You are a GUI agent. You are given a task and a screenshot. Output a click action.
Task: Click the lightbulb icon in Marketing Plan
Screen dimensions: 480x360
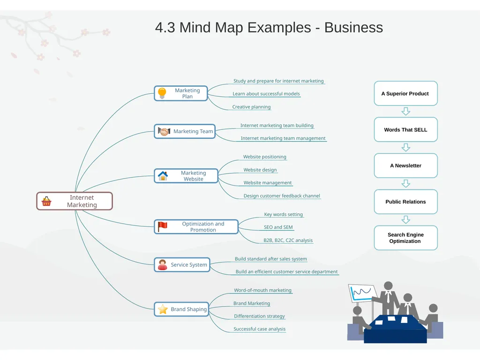[x=162, y=93]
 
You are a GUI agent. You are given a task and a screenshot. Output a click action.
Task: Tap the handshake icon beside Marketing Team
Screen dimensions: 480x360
[x=164, y=131]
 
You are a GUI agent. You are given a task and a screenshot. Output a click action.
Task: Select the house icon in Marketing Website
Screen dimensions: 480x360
[x=163, y=176]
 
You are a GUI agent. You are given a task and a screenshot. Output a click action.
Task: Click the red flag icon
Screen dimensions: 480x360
[x=162, y=227]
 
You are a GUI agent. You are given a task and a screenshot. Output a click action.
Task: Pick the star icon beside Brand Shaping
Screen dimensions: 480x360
[x=163, y=309]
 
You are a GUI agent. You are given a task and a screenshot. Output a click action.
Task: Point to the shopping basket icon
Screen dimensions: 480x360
[x=46, y=201]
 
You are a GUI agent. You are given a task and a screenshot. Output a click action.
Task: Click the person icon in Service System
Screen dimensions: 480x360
[x=162, y=265]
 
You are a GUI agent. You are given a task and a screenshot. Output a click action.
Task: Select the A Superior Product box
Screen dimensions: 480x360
[x=405, y=93]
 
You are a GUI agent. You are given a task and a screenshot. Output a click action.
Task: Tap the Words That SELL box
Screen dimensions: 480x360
[x=405, y=129]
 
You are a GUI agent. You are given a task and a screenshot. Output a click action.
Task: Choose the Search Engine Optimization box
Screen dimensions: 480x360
[x=405, y=238]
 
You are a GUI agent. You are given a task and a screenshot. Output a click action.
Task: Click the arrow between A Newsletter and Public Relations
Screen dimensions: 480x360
[x=406, y=184]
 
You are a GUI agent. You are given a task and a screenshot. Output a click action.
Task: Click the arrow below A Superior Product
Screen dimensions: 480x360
[x=406, y=112]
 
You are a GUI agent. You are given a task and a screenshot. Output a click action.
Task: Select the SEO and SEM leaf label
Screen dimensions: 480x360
[x=278, y=227]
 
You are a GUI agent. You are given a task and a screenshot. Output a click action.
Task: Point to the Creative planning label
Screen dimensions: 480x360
[x=251, y=107]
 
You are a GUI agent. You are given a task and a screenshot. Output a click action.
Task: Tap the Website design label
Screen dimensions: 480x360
[x=260, y=170]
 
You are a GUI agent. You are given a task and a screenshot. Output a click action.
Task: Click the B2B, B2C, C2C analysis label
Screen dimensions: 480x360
[x=288, y=240]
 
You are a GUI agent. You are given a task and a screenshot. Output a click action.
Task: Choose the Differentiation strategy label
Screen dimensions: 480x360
[x=259, y=316]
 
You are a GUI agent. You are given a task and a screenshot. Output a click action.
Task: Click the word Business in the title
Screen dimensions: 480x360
[x=353, y=27]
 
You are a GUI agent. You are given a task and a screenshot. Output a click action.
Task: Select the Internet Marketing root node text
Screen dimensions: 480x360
[x=82, y=201]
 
